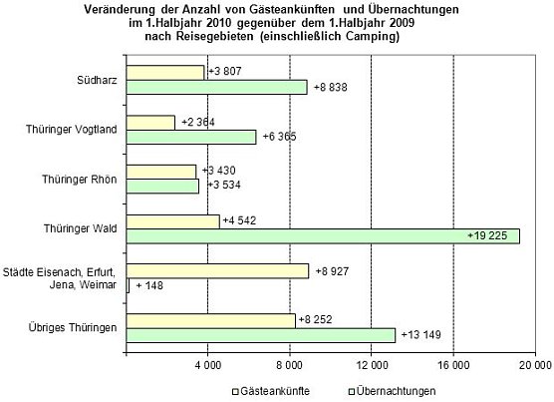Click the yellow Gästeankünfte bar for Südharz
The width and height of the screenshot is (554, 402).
point(165,72)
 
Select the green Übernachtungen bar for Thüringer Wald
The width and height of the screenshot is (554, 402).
point(323,235)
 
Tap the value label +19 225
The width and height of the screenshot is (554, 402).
point(492,235)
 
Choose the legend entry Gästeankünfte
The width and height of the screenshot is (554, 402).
point(270,390)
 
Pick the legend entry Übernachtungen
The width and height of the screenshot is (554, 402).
point(394,390)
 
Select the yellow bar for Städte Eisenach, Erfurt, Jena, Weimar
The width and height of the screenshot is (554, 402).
point(218,269)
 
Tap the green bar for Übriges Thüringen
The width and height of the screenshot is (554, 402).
point(261,334)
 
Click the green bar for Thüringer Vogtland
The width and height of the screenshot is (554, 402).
point(191,137)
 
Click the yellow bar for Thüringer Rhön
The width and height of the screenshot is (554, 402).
point(162,171)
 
